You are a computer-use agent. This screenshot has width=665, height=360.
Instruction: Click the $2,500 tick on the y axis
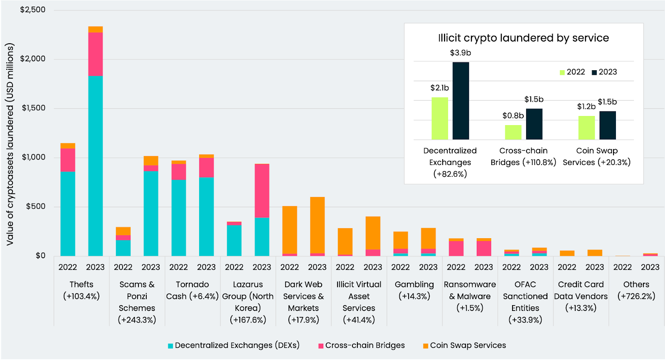point(33,10)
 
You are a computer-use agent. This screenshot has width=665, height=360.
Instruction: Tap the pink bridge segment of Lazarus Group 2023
point(262,190)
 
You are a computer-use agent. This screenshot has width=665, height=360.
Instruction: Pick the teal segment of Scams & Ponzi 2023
point(151,213)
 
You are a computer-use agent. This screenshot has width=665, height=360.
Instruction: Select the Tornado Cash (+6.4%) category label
point(192,290)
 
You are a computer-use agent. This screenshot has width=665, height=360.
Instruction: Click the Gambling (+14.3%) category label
point(414,290)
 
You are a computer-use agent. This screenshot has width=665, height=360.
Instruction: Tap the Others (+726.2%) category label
point(636,290)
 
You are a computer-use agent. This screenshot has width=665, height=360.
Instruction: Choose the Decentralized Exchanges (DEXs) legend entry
point(234,345)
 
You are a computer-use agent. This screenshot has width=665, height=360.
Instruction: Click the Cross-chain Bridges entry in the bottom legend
point(362,345)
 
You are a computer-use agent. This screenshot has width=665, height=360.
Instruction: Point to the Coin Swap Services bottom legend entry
point(465,345)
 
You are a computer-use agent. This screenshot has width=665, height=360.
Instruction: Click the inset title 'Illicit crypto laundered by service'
point(523,38)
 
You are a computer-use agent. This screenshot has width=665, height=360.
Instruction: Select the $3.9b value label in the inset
point(461,53)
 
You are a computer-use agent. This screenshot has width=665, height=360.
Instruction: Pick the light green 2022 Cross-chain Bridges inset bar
point(513,132)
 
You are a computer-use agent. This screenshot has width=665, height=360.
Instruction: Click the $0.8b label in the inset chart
point(513,116)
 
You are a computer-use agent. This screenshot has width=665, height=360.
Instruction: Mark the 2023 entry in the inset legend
point(605,72)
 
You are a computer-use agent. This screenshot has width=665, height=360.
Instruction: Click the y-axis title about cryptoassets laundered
point(10,144)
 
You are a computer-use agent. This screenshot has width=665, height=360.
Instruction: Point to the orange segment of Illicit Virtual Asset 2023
point(373,233)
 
